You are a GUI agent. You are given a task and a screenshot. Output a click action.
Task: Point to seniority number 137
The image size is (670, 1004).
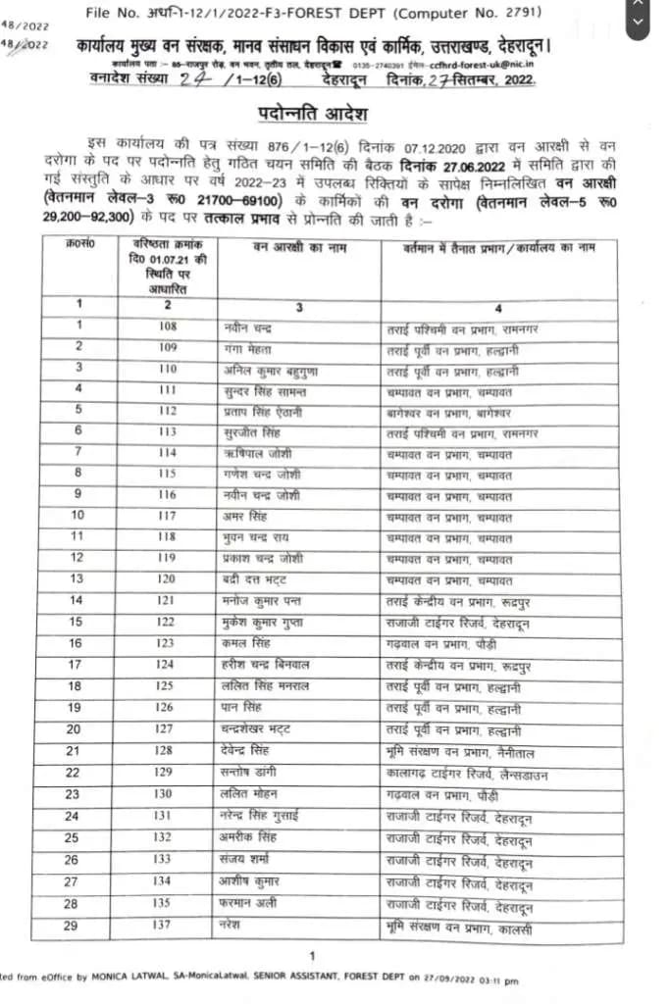tap(167, 925)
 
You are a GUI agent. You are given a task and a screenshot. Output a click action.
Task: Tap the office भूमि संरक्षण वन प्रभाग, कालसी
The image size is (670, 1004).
tap(459, 926)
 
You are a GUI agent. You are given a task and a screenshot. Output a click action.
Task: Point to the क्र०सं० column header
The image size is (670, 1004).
tap(82, 241)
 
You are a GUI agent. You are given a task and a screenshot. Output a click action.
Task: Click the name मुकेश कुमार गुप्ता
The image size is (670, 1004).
tap(266, 622)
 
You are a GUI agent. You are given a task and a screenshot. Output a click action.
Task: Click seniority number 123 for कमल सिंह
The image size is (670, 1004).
tap(167, 643)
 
